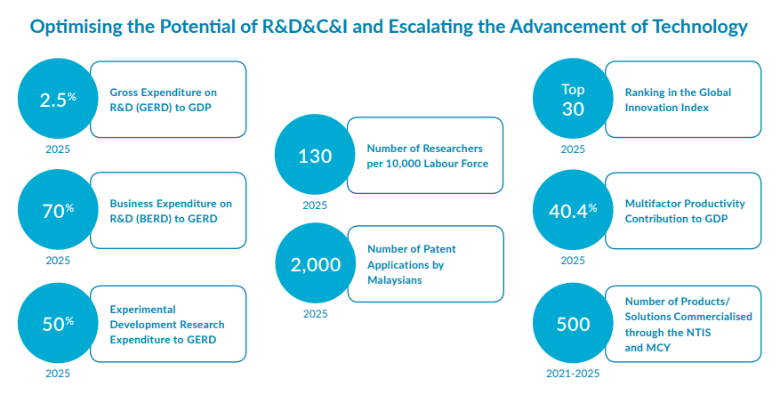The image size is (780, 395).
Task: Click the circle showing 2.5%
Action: coord(58,100)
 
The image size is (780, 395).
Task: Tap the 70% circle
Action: coord(58,211)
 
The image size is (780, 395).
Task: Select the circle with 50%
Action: coord(58,324)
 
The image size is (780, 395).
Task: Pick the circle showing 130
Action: coord(315,156)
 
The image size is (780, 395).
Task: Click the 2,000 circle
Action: coord(315,264)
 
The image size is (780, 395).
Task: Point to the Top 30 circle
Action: coord(573,100)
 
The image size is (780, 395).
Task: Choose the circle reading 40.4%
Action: coord(573,211)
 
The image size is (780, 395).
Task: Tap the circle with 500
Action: coord(573,324)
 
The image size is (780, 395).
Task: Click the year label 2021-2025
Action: coord(573,374)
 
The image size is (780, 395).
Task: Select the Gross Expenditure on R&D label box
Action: coord(168,100)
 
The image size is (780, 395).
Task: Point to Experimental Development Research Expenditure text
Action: coord(167,324)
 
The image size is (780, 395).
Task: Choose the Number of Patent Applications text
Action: coord(412,264)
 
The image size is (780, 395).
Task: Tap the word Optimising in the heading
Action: coord(76,27)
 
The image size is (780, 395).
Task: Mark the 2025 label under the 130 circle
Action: coord(315,206)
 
